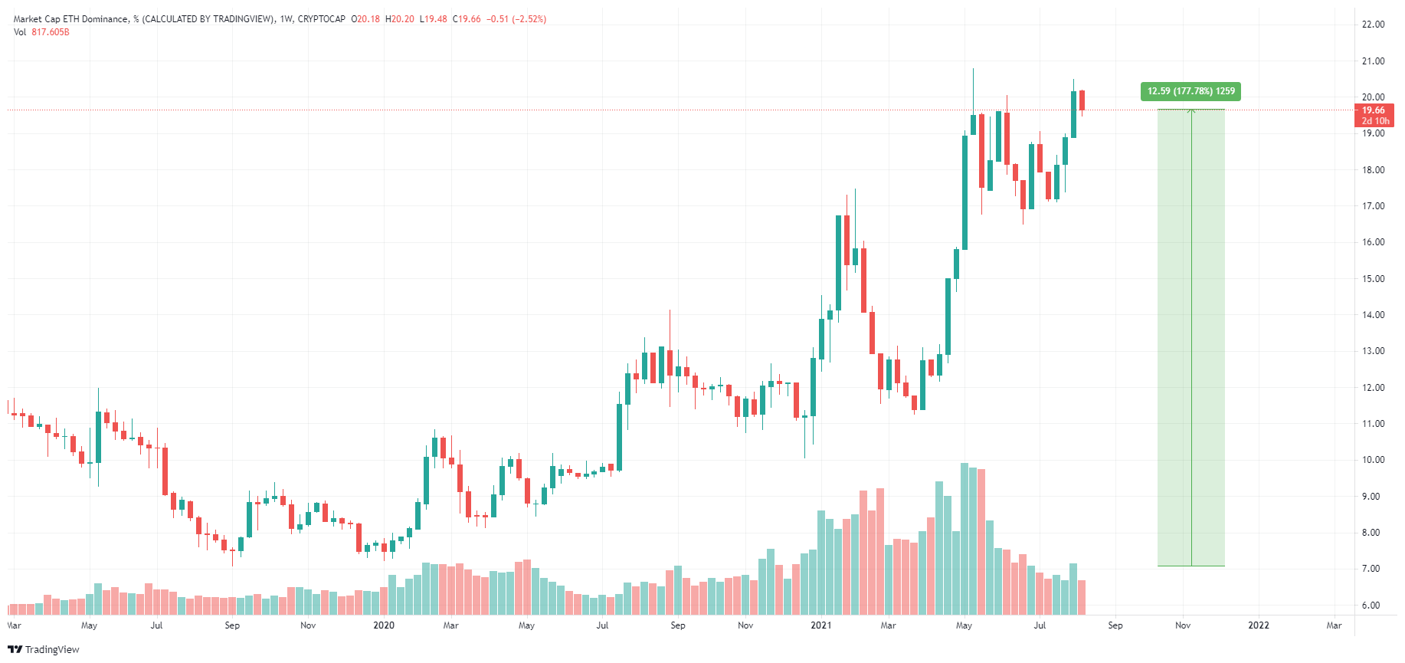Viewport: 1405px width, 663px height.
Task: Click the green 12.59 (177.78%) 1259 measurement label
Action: [x=1190, y=91]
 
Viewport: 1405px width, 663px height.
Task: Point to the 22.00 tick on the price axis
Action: [x=1373, y=25]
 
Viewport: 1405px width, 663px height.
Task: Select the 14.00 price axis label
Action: [x=1373, y=315]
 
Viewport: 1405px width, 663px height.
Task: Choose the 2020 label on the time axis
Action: [x=383, y=625]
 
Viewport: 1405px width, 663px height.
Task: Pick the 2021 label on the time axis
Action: [x=820, y=625]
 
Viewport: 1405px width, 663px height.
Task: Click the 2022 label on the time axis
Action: [x=1258, y=625]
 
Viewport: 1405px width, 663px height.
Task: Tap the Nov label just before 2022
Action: [x=1183, y=625]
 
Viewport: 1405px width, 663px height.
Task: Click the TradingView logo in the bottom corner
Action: [x=44, y=649]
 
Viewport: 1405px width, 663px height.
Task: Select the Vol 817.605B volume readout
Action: [x=41, y=32]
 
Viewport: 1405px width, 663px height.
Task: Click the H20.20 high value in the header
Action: [x=400, y=19]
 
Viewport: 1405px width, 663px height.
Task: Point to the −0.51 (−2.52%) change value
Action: [x=516, y=19]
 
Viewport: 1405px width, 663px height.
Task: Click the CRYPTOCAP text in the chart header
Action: [x=322, y=19]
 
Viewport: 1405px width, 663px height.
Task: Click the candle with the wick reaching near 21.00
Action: [x=973, y=123]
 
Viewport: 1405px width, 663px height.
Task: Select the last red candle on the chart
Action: [x=1082, y=100]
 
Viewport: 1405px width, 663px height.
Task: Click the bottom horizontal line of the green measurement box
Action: [x=1190, y=566]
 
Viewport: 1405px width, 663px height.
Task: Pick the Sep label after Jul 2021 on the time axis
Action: [x=1115, y=625]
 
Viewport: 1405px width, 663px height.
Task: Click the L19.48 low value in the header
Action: [x=434, y=19]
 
